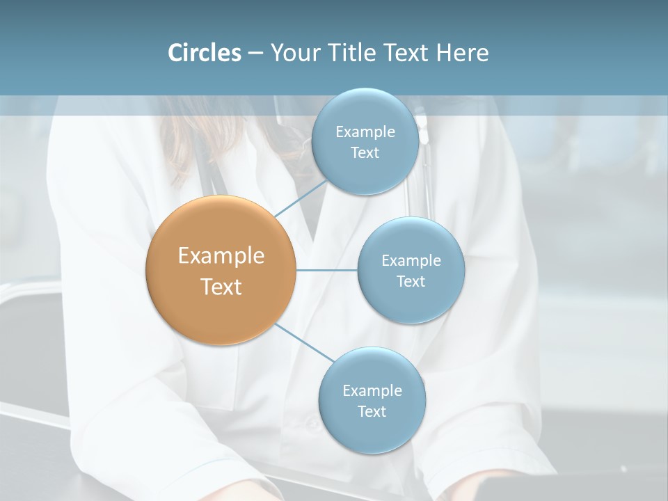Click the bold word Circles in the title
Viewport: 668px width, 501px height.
click(x=204, y=53)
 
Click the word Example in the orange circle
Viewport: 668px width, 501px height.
click(x=221, y=256)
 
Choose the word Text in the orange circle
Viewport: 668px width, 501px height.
click(x=221, y=287)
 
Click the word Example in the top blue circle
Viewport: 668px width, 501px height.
click(x=365, y=132)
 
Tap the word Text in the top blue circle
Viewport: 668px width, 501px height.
click(x=365, y=153)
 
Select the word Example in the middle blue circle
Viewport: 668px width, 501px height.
click(x=411, y=261)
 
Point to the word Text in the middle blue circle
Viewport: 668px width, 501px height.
click(x=411, y=282)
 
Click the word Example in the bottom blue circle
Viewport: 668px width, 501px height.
click(x=372, y=391)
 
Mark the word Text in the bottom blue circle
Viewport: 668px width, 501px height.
click(x=372, y=412)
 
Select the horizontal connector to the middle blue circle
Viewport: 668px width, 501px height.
click(x=327, y=270)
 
